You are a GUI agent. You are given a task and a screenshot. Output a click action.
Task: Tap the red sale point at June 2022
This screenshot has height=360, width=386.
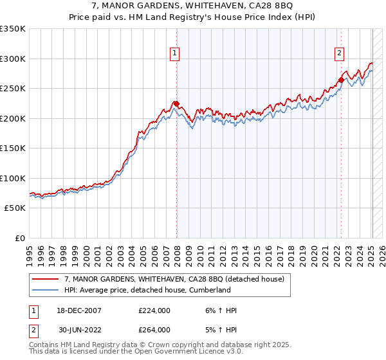pos(341,80)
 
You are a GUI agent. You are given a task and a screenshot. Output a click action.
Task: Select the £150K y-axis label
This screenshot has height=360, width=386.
pos(13,148)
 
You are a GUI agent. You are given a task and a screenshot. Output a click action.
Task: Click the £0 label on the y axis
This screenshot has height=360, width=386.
pos(19,238)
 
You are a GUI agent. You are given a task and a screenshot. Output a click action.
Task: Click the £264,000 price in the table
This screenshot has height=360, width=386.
pos(154,329)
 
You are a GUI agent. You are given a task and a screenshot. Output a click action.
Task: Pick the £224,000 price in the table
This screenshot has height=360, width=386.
pos(154,310)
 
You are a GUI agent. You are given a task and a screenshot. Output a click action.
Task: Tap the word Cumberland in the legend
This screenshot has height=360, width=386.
pos(208,290)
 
